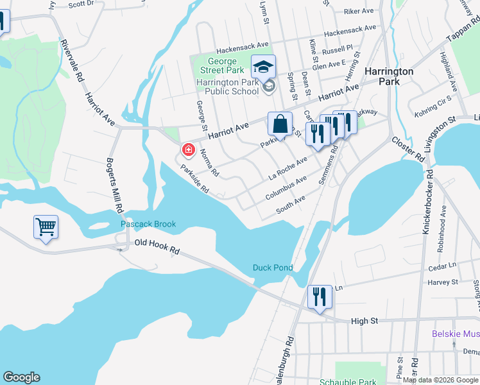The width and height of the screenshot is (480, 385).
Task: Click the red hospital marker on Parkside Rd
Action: coord(188,150)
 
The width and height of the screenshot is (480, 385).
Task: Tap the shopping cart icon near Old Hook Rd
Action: coord(46,227)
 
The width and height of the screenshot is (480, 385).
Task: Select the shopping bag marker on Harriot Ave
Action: coord(280,123)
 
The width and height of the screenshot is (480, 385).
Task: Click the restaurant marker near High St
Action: coord(320,296)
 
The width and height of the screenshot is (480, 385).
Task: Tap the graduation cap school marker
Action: coord(262,65)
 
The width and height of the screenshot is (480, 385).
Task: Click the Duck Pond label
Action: coord(273,268)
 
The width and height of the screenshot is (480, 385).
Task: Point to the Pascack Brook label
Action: coord(148,225)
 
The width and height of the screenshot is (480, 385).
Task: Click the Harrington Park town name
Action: coord(388,76)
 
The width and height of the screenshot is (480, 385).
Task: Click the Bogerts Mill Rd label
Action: coord(114,185)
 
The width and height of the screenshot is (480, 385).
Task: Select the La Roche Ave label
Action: coord(288,168)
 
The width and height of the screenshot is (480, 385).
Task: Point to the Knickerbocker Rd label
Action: coord(426,201)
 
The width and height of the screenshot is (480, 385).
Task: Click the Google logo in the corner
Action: coord(21,377)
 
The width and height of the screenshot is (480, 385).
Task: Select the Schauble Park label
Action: coord(348,381)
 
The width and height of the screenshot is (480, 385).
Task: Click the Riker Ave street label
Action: coord(358,12)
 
